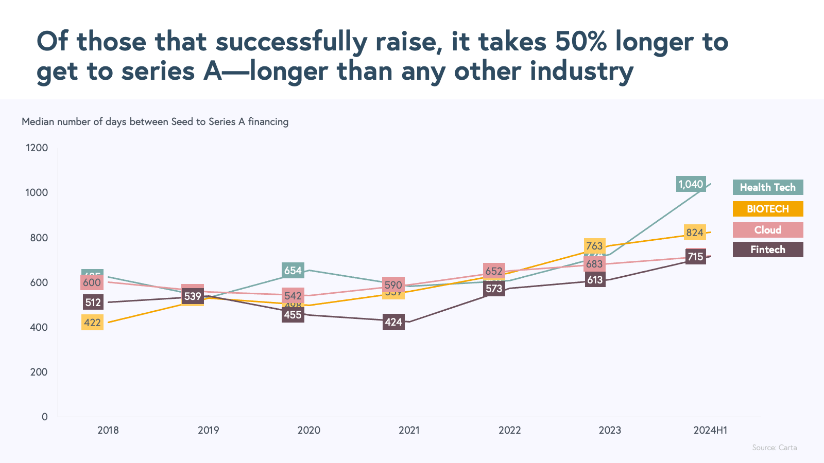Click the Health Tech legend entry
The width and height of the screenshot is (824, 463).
(767, 187)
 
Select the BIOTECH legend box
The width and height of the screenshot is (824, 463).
(767, 209)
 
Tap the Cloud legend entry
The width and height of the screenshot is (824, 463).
(767, 230)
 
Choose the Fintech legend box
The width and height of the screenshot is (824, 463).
(767, 250)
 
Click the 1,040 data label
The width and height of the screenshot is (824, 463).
(691, 184)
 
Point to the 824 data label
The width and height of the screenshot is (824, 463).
(695, 233)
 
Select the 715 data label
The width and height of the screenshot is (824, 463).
(695, 257)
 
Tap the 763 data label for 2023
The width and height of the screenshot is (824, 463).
(594, 246)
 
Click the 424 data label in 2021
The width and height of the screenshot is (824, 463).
(393, 322)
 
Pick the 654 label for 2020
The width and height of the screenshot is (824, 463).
(293, 271)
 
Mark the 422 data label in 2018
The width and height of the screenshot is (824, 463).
(92, 323)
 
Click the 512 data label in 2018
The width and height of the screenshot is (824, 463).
(93, 302)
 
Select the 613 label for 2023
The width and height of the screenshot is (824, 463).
(595, 280)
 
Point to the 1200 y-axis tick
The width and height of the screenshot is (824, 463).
(37, 148)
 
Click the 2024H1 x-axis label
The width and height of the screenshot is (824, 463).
(710, 430)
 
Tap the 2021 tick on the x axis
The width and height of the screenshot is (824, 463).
(409, 430)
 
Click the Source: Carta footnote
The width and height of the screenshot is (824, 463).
(774, 448)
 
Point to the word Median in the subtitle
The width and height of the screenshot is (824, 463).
(38, 122)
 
